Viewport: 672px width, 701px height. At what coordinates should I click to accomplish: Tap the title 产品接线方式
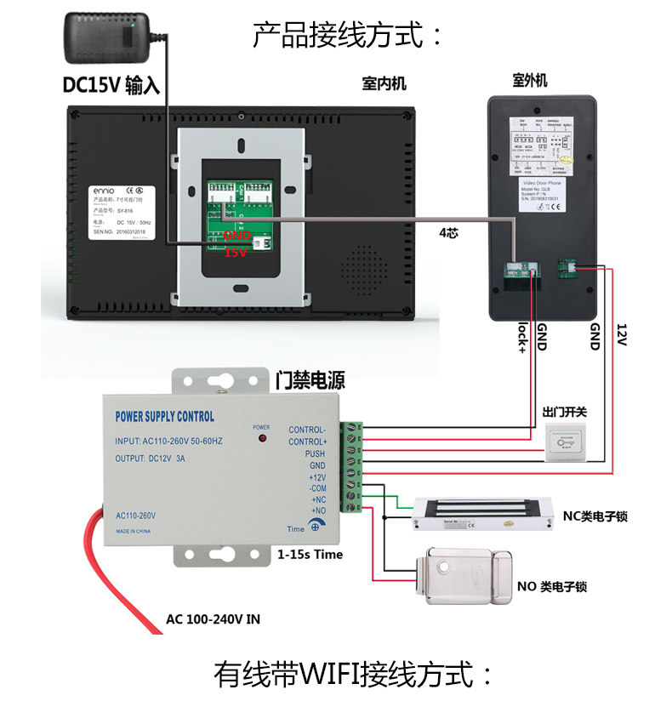pos(348,36)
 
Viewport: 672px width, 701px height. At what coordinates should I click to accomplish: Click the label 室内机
pos(384,83)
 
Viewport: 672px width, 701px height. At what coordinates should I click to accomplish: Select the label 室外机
pos(530,81)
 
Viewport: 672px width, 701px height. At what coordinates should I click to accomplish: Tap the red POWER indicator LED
pos(261,438)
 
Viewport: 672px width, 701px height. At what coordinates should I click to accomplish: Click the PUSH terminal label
pos(315,454)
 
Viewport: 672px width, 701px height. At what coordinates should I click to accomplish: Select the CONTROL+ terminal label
pos(307,442)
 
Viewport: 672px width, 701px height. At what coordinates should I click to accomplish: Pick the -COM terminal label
pos(316,489)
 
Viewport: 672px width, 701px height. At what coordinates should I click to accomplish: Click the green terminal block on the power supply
pos(351,466)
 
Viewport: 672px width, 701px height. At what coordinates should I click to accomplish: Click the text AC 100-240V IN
pos(213,619)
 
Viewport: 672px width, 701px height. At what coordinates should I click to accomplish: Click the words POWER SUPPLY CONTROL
pos(164,417)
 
